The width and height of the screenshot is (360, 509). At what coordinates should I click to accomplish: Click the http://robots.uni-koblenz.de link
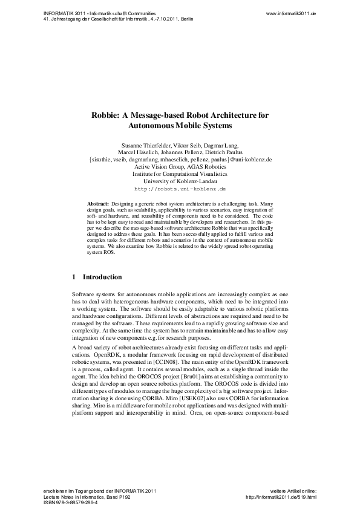180,189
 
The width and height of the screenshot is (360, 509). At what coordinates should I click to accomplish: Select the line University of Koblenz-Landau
180,181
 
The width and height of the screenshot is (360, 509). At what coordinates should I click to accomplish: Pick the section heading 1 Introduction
97,277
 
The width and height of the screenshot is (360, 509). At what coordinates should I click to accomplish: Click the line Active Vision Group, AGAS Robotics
180,167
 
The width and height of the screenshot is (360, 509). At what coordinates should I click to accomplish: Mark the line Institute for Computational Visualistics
180,174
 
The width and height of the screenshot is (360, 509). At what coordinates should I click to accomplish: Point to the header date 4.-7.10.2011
159,19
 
